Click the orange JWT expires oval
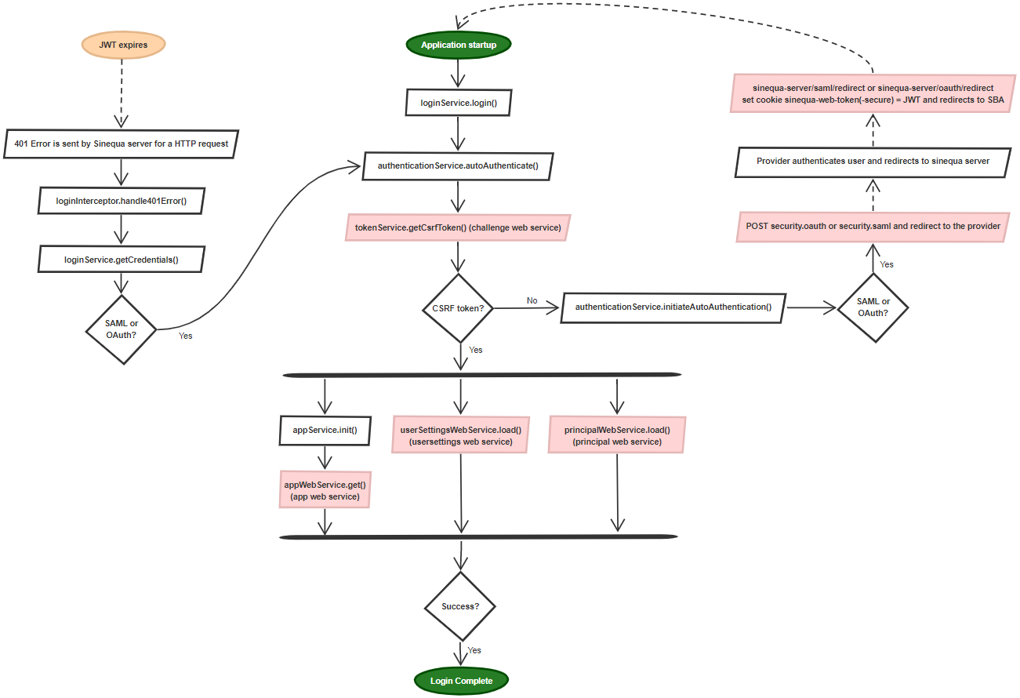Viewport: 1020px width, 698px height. tap(124, 45)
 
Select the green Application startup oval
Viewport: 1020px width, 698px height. tap(459, 45)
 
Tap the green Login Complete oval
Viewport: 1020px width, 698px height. tap(461, 681)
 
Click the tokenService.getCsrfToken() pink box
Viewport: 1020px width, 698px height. tap(458, 227)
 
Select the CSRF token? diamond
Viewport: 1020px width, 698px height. tap(458, 308)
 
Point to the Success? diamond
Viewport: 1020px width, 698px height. tap(460, 606)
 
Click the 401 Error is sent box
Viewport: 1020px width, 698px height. tap(121, 144)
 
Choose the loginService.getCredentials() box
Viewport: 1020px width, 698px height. tap(121, 259)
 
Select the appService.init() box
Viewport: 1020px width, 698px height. tap(325, 430)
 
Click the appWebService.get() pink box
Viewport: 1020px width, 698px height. tap(325, 490)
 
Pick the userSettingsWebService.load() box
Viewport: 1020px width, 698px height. tap(460, 435)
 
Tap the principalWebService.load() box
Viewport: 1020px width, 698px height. tap(617, 435)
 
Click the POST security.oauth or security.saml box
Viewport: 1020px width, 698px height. tap(873, 226)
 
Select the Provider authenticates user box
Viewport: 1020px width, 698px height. tap(873, 161)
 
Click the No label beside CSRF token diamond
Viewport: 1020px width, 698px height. tap(532, 300)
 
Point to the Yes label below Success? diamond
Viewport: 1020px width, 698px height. tap(474, 650)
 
